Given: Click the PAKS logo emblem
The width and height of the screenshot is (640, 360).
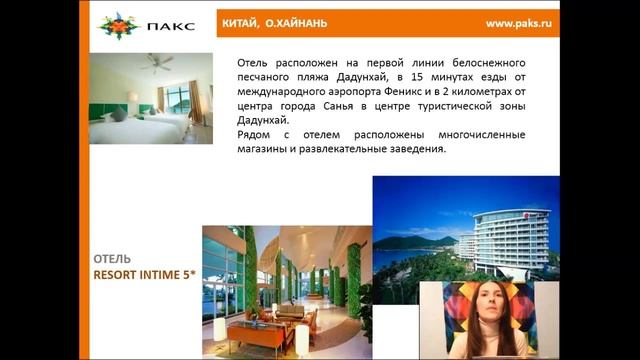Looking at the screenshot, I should (x=118, y=25).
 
